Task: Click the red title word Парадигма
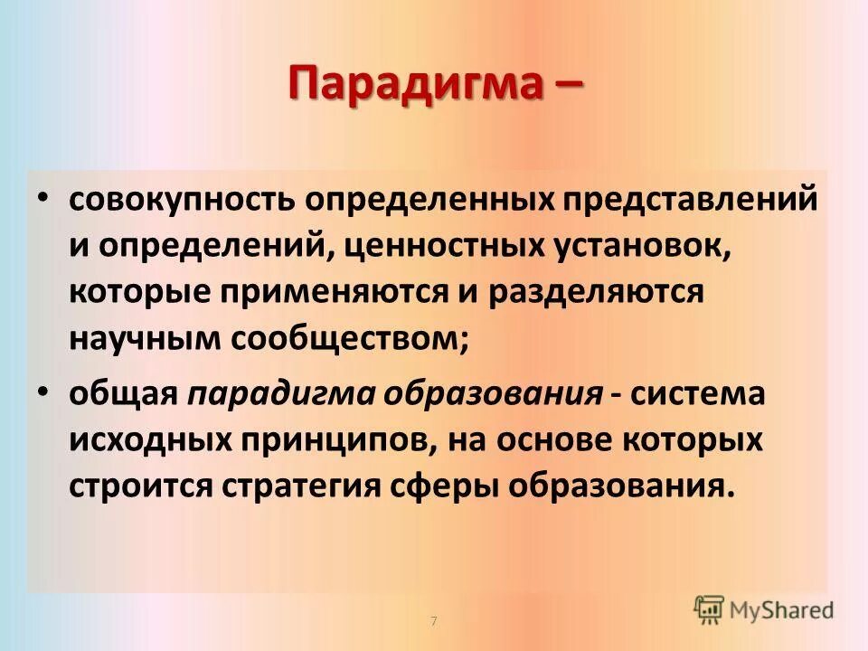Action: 411,83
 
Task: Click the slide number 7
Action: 434,621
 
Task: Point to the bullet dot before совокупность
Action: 44,198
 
